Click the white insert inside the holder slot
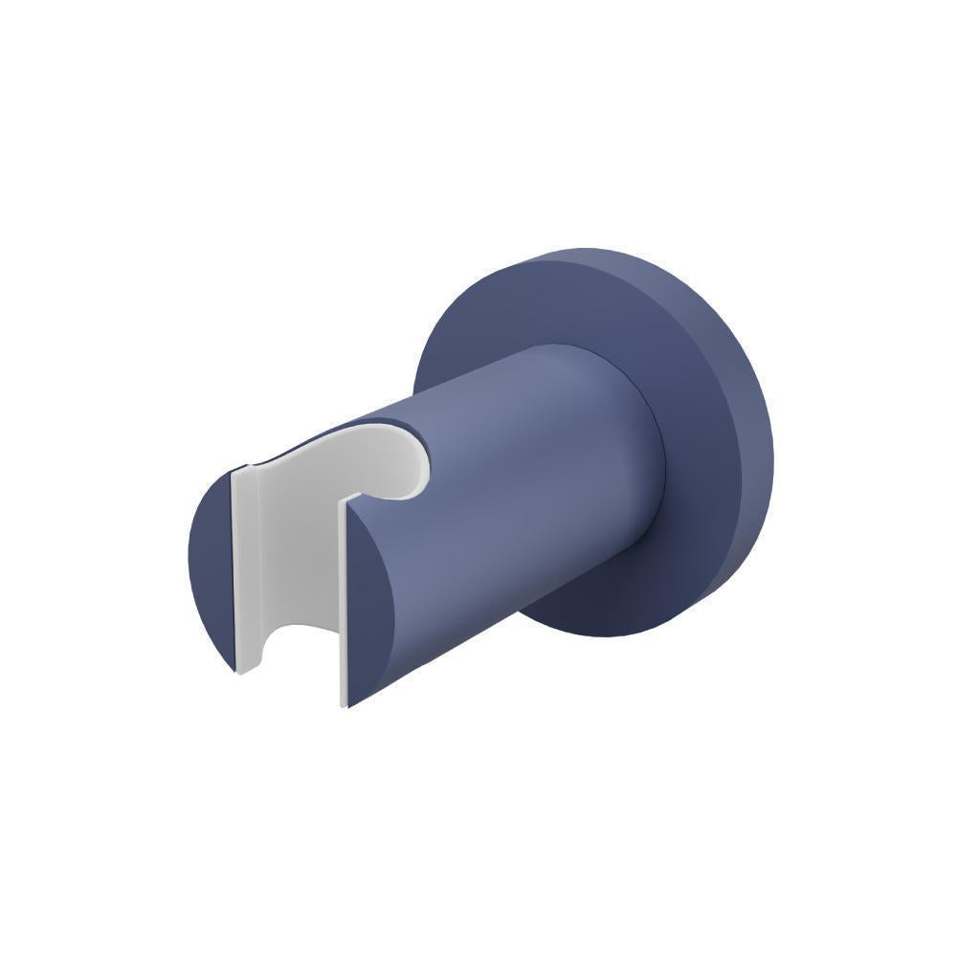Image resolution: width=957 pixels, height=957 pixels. pyautogui.click(x=292, y=565)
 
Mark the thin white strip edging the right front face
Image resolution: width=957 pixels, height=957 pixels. pyautogui.click(x=343, y=612)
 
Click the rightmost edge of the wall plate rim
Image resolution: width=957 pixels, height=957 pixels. pyautogui.click(x=772, y=450)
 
